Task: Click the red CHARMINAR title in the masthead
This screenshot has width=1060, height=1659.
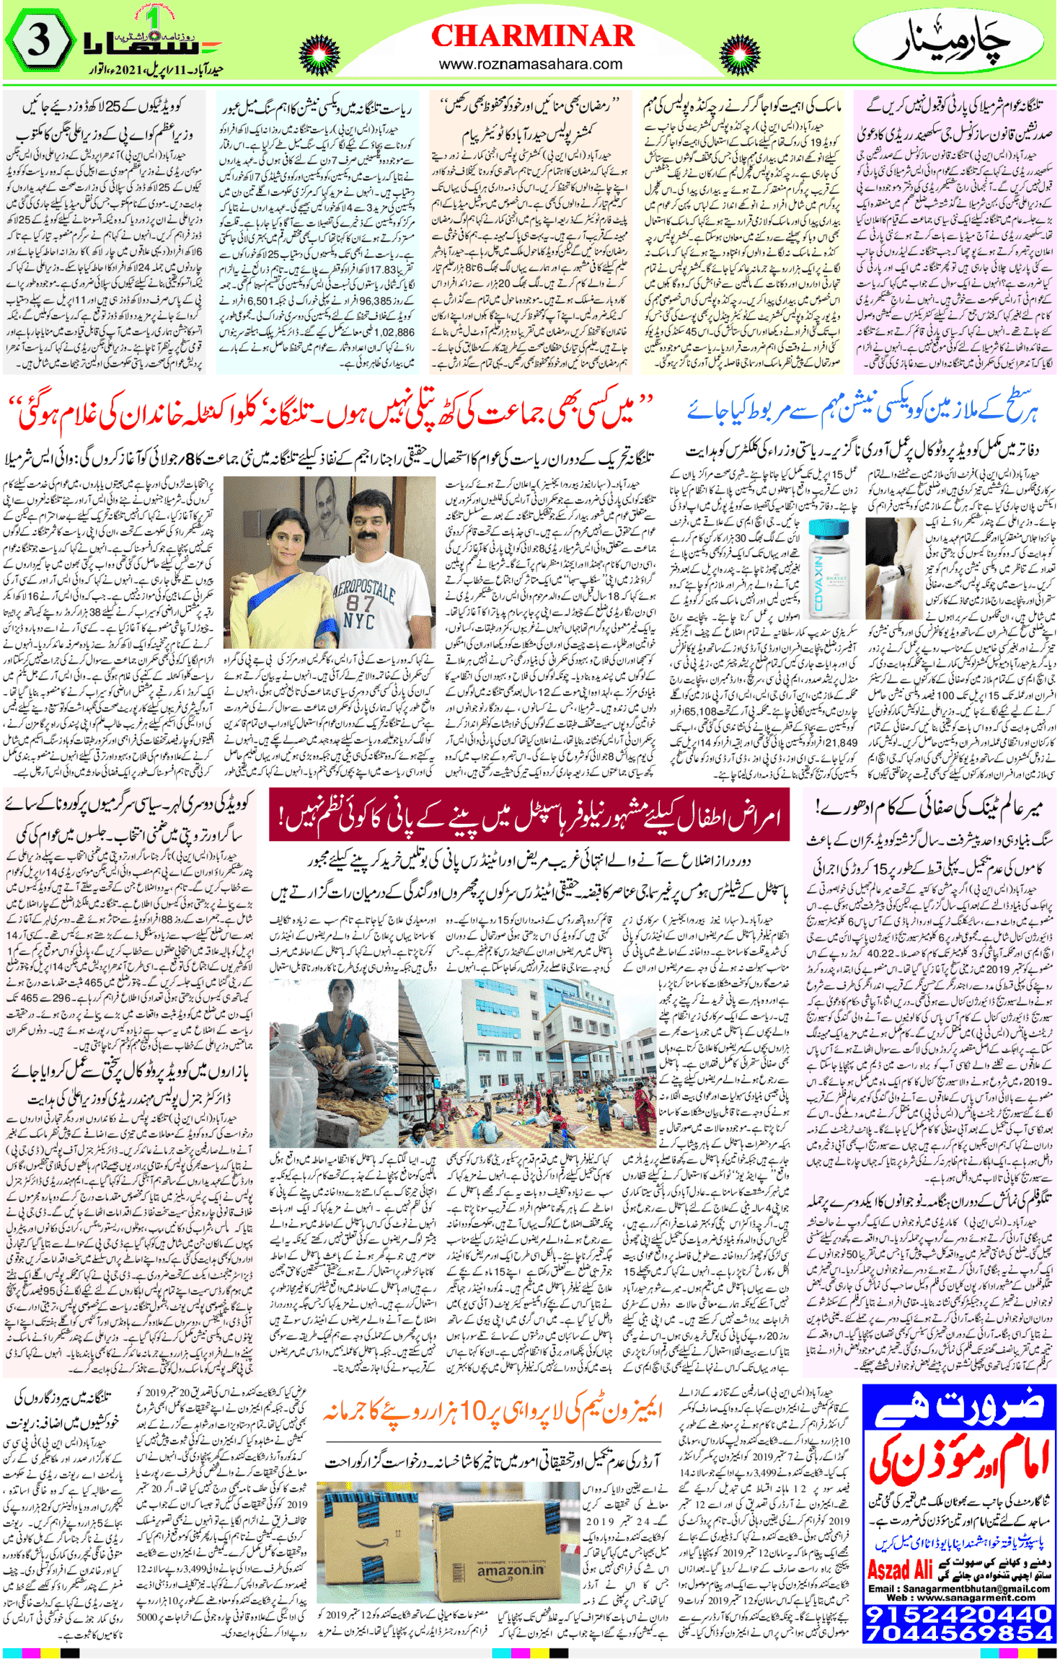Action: [532, 35]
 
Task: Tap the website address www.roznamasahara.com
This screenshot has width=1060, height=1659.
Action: [530, 64]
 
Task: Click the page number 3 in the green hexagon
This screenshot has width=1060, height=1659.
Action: [38, 41]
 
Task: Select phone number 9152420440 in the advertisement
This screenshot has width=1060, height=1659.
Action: [959, 1613]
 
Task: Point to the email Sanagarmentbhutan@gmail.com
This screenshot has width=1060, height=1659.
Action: [959, 1588]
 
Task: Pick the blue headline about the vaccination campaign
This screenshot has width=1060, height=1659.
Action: [862, 411]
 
